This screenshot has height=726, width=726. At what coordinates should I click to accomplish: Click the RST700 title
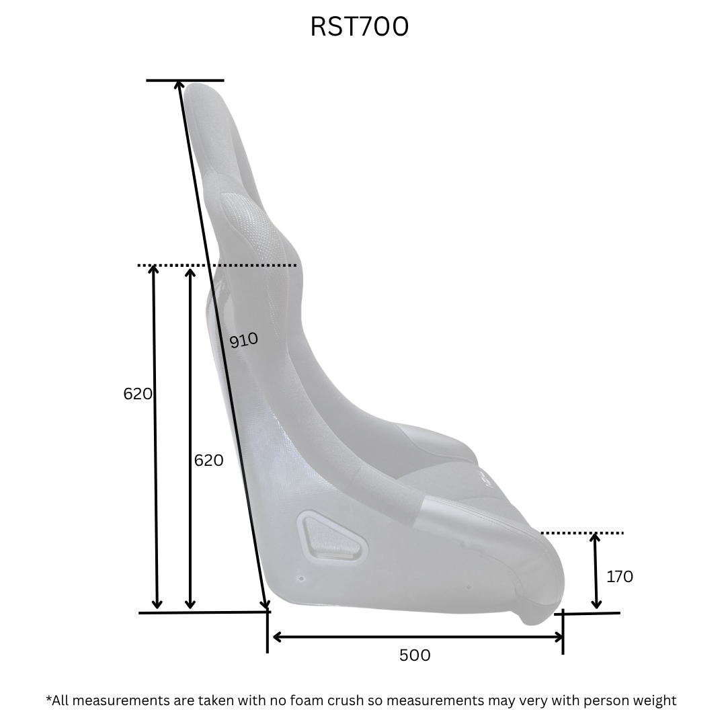tap(359, 26)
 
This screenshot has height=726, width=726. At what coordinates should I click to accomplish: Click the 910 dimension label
tap(244, 340)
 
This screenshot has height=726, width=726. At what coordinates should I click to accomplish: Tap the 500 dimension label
tap(415, 655)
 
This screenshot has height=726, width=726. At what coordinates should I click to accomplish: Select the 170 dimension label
tap(620, 577)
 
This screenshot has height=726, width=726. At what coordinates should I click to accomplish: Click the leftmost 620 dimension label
tap(138, 393)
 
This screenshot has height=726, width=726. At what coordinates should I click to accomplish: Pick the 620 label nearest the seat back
tap(209, 460)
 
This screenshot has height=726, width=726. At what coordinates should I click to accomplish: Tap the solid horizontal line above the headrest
tap(186, 81)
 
